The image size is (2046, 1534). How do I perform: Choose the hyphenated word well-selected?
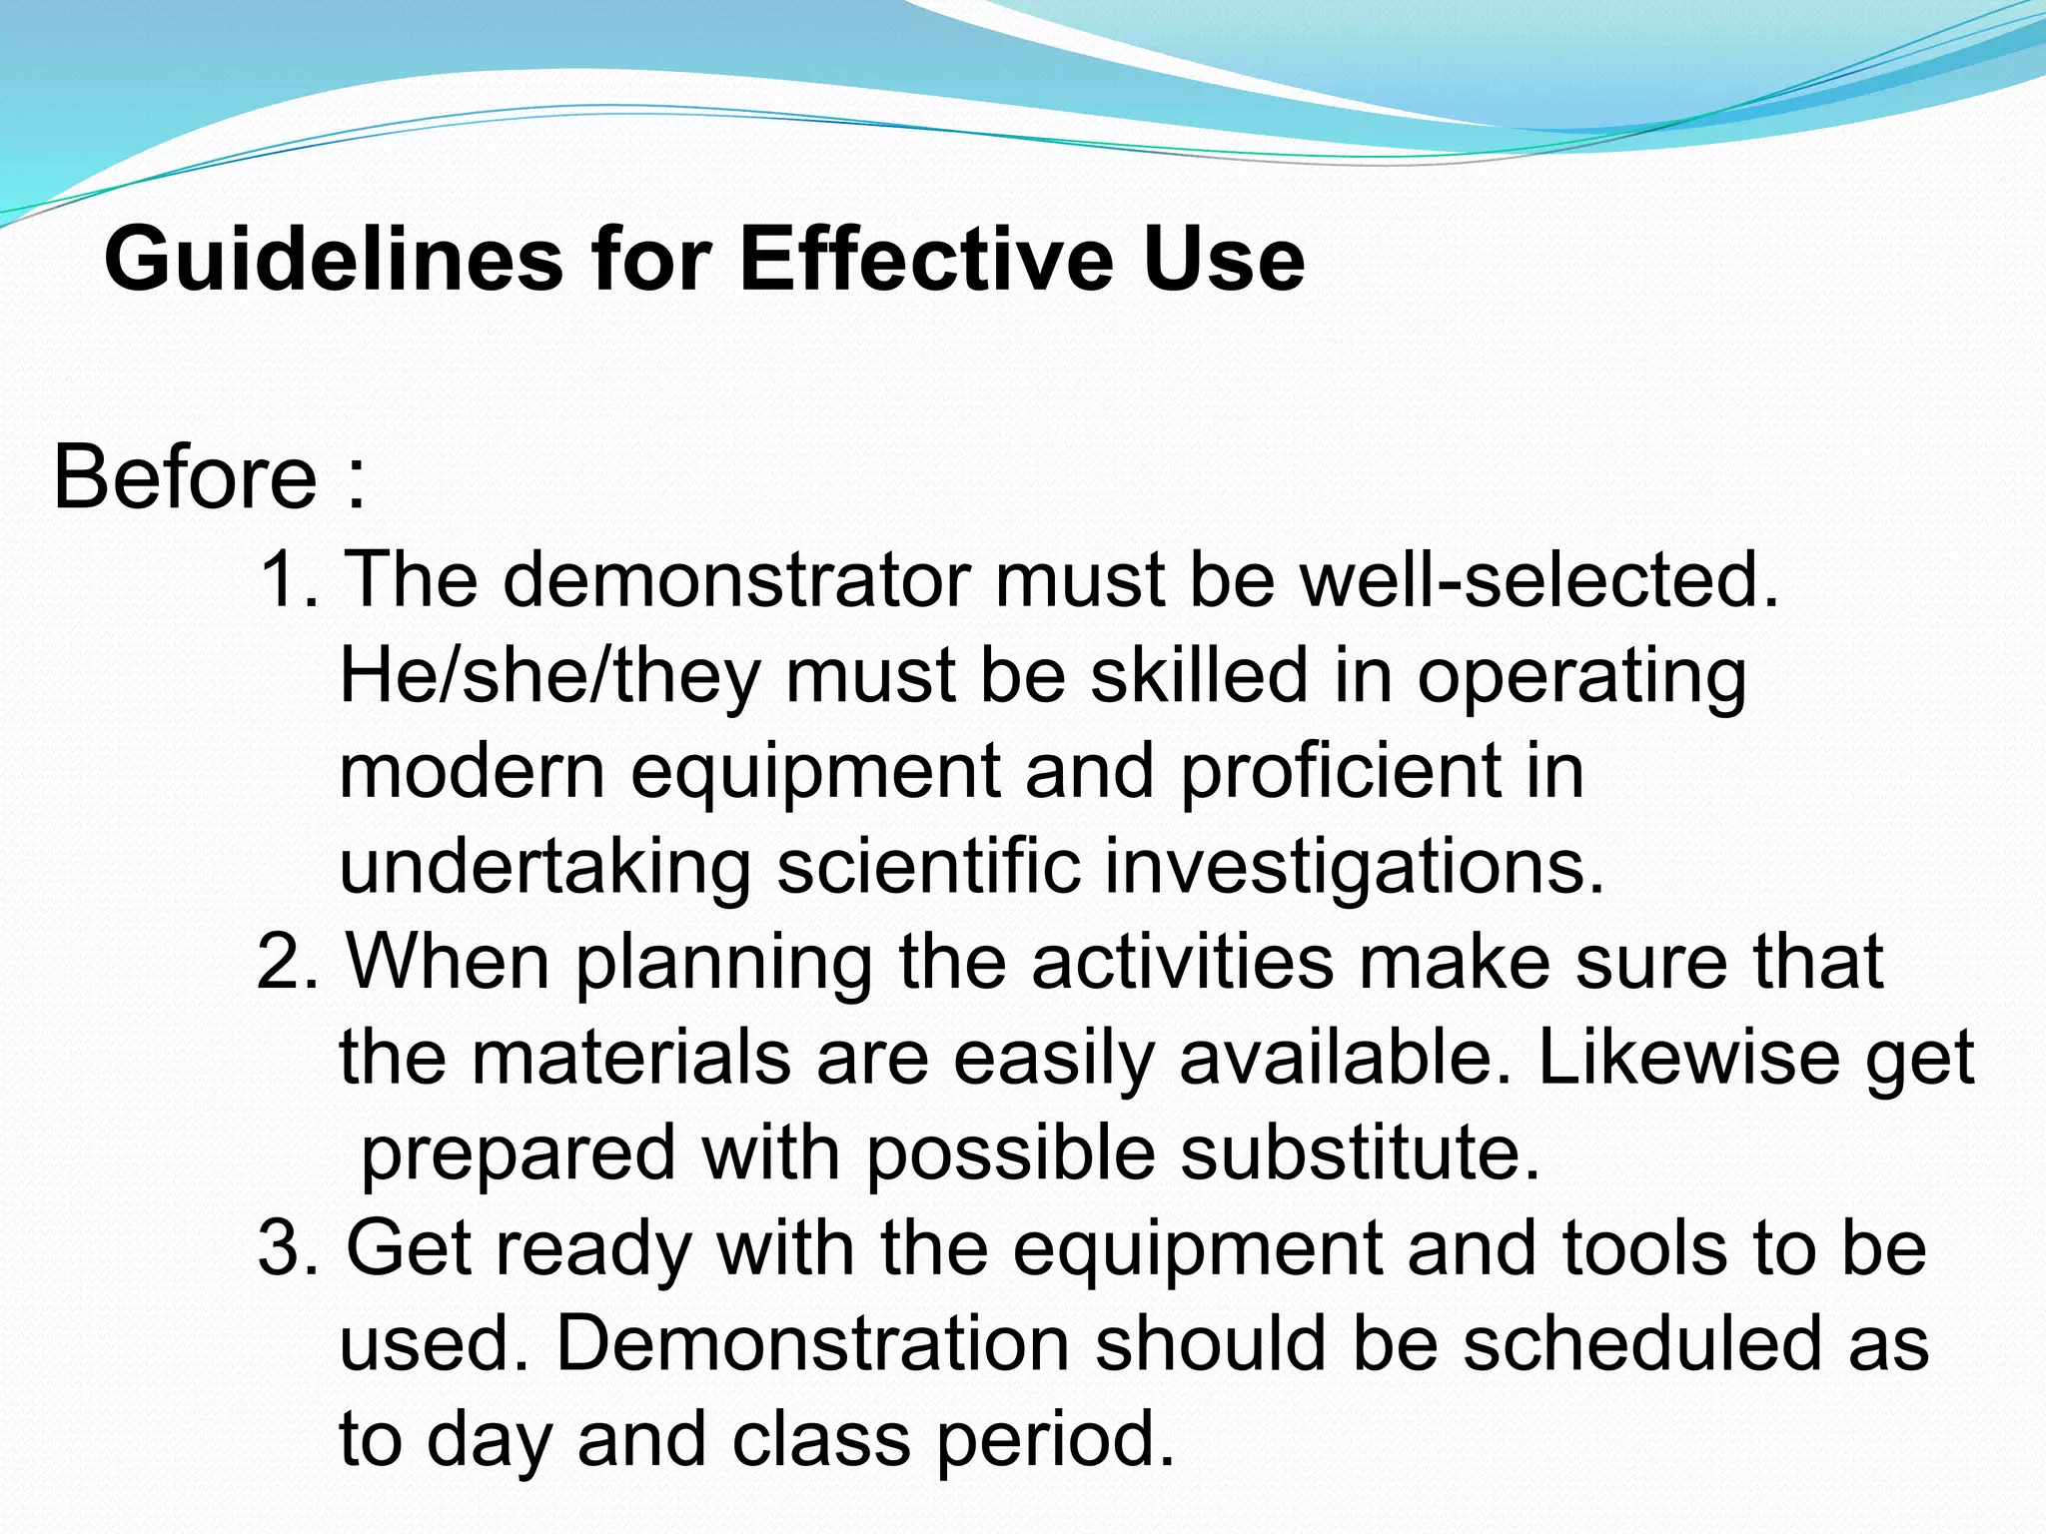pyautogui.click(x=1538, y=580)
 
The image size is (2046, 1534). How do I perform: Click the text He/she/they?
pyautogui.click(x=549, y=676)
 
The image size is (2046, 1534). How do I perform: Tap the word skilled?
pyautogui.click(x=1198, y=676)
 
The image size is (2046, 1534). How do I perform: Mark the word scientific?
pyautogui.click(x=928, y=866)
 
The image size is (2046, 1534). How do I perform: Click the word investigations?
pyautogui.click(x=1354, y=868)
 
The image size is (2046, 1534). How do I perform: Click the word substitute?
pyautogui.click(x=1360, y=1153)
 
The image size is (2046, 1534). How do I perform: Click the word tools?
pyautogui.click(x=1644, y=1249)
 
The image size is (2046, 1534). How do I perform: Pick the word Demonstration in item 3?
pyautogui.click(x=812, y=1344)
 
